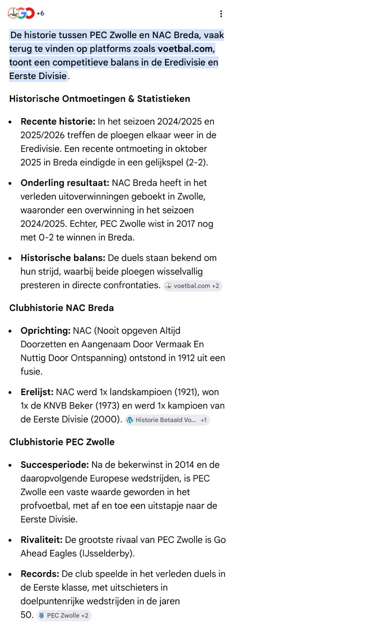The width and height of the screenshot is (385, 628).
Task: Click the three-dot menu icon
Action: pos(221,14)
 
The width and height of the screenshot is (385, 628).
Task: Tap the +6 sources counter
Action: pos(40,13)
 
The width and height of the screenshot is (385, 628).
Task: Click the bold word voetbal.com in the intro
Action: pos(186,49)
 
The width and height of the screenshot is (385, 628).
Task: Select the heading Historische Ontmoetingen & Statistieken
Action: pos(100,99)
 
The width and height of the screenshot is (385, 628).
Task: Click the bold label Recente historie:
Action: pos(58,122)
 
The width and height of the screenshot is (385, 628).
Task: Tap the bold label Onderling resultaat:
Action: pos(65,183)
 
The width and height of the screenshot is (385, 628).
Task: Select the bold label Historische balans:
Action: pos(63,258)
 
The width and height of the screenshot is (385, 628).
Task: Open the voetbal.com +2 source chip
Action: pos(192,286)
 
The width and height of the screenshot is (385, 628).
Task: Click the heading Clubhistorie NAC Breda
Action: pos(61,308)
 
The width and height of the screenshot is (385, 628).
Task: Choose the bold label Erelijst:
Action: pos(37,392)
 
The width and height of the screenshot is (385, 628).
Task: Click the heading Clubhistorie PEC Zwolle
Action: pos(62,442)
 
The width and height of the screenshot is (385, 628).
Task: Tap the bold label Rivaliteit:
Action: pos(41,540)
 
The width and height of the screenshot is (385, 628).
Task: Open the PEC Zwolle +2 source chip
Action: pos(64,615)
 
